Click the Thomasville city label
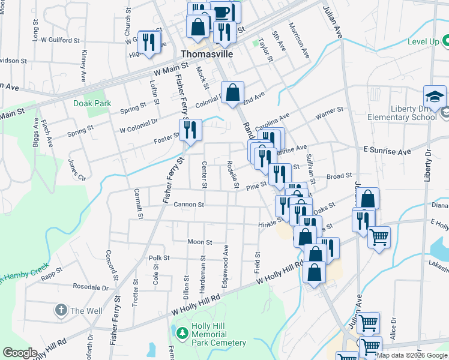(x=207, y=53)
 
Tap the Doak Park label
(x=92, y=103)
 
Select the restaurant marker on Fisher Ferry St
(x=190, y=130)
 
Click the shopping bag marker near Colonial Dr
(x=233, y=93)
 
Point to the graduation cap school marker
(x=435, y=97)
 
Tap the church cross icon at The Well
(x=61, y=310)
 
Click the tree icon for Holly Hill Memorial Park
(x=181, y=332)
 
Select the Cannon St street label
(x=189, y=205)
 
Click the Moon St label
(x=200, y=242)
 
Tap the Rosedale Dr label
(x=90, y=287)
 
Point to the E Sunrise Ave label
(x=387, y=151)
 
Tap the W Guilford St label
(x=61, y=40)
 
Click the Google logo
(x=20, y=353)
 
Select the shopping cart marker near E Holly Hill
(x=379, y=238)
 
